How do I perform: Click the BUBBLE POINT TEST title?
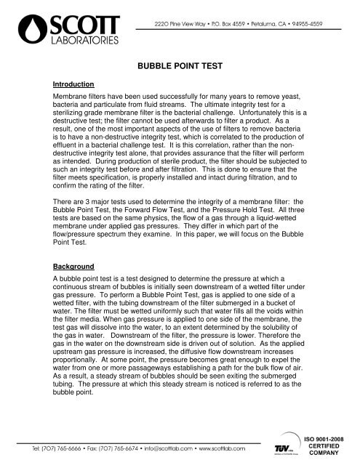coord(180,65)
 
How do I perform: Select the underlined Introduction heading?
coord(73,84)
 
